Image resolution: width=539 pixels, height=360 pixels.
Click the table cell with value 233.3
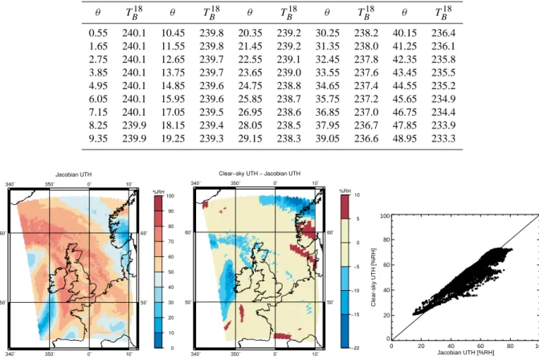(x=443, y=138)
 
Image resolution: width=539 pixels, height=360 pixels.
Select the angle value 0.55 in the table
(x=98, y=33)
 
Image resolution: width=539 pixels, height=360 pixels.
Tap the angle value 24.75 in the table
(x=251, y=86)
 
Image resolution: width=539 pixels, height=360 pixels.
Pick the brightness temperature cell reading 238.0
(x=366, y=46)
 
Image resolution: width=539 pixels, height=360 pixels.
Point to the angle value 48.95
(x=405, y=138)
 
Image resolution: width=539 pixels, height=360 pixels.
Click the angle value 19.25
(x=173, y=138)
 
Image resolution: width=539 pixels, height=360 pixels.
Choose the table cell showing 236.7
(x=366, y=125)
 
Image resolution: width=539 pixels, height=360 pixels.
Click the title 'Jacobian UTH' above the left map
(x=74, y=174)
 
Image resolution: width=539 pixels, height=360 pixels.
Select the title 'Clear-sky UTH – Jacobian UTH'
(x=259, y=174)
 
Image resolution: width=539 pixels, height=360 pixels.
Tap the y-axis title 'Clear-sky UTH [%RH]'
(x=374, y=277)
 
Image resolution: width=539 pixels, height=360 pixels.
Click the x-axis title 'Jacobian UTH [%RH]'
(x=466, y=353)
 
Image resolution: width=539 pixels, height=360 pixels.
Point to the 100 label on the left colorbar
(x=170, y=196)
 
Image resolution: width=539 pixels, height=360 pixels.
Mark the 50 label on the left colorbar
(x=170, y=272)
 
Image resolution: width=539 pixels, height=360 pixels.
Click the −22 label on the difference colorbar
(x=356, y=348)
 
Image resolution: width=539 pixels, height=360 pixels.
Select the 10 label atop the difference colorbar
(x=357, y=195)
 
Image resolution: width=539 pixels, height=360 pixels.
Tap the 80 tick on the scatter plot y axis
(x=386, y=239)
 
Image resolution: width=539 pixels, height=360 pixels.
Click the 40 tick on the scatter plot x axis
(x=451, y=346)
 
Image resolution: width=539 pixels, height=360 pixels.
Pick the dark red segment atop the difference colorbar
(x=345, y=207)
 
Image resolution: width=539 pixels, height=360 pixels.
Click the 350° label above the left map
(x=50, y=184)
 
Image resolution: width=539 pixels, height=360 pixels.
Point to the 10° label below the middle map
(x=316, y=354)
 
